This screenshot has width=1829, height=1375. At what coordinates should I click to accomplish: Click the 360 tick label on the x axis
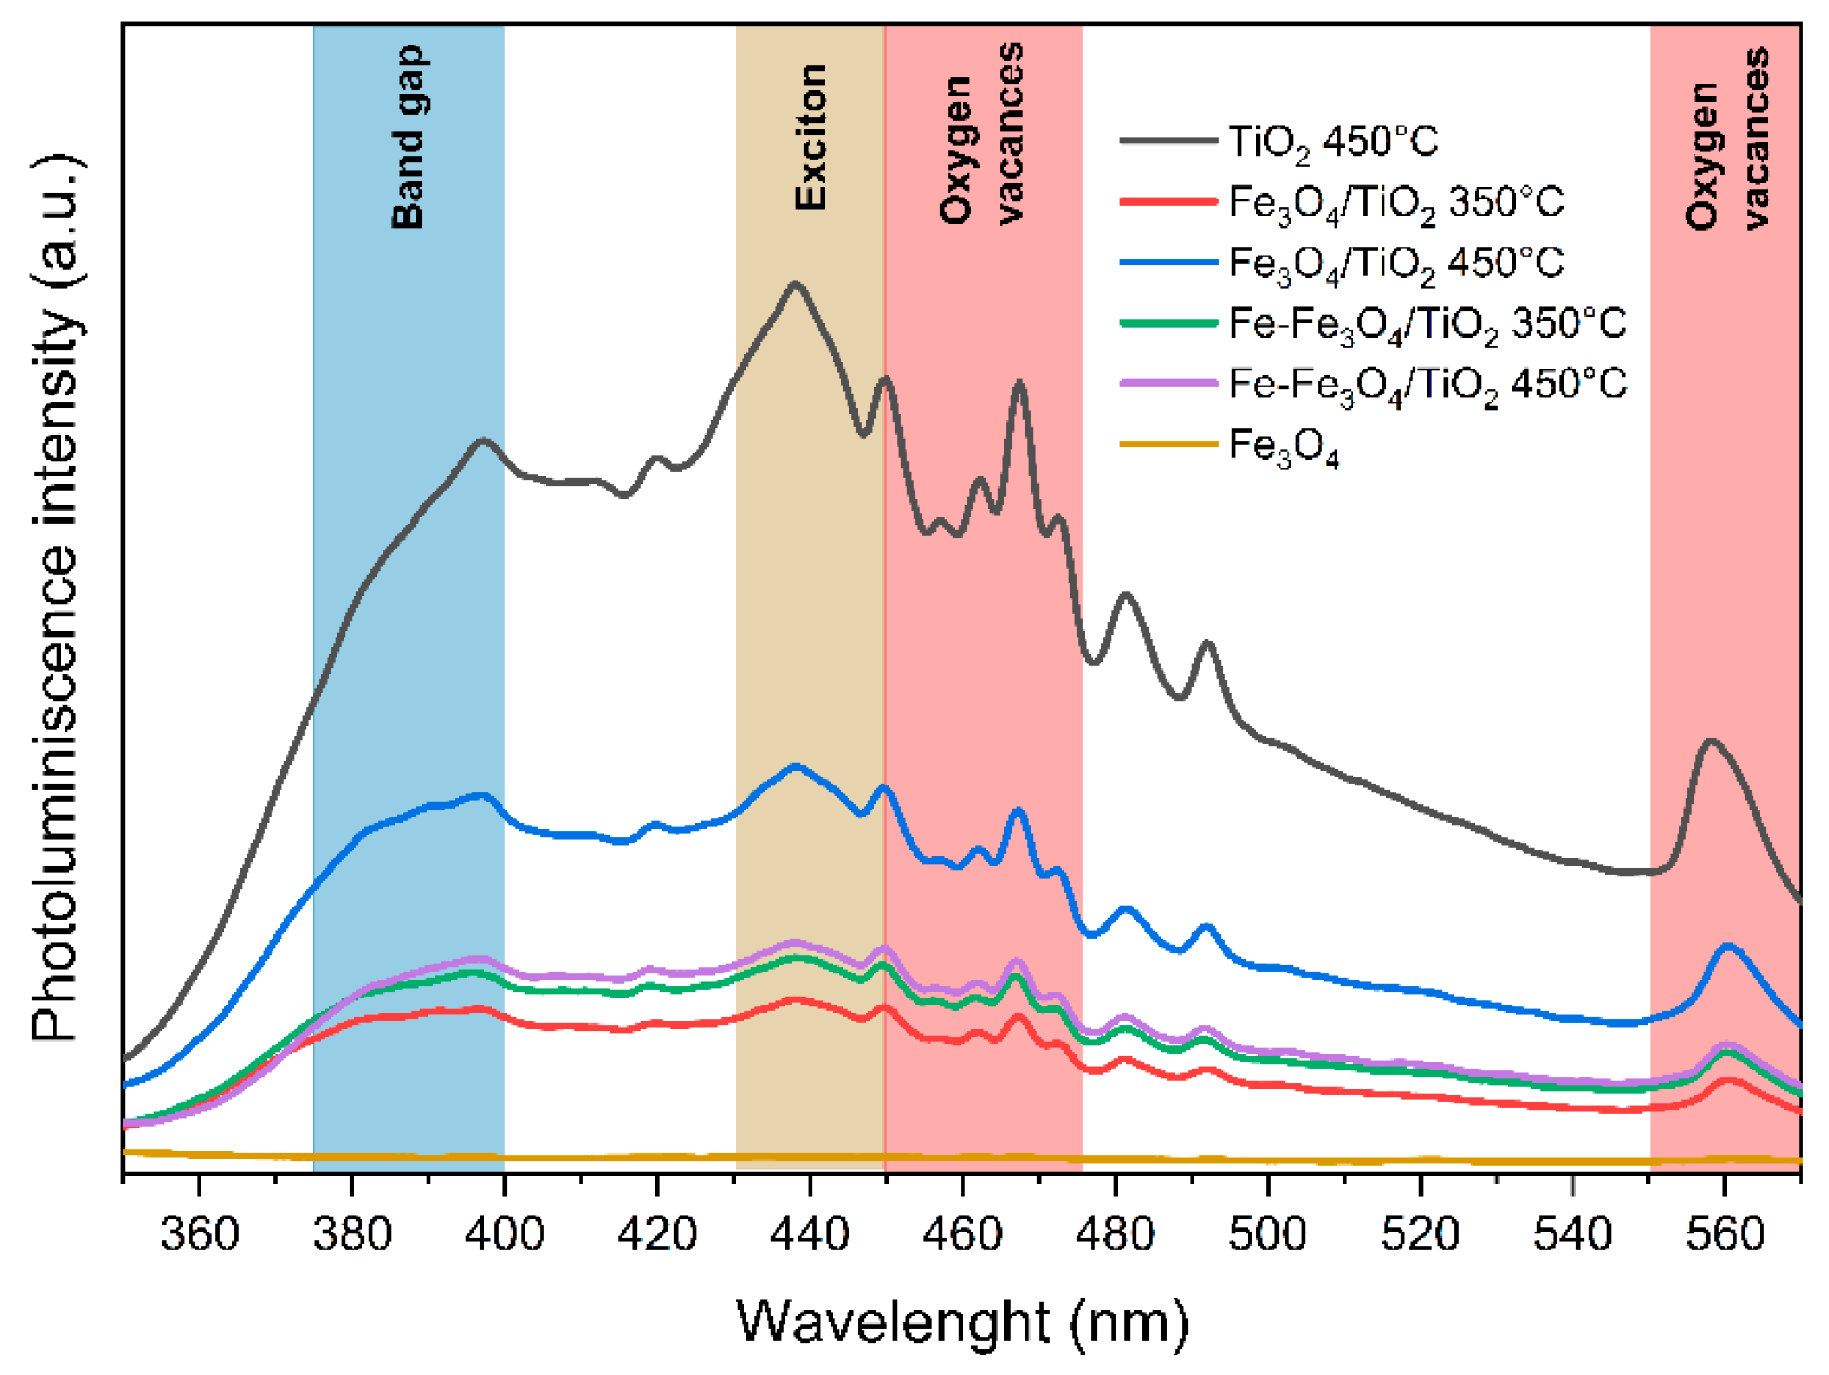199,1234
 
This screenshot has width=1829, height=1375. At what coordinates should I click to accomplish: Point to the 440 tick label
809,1234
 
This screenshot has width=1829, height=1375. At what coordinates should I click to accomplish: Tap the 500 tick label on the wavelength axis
1267,1234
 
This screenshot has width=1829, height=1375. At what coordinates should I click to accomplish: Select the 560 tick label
1725,1234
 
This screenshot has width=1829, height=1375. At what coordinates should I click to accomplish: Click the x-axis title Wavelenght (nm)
962,1322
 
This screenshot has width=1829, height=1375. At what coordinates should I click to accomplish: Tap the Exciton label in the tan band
810,138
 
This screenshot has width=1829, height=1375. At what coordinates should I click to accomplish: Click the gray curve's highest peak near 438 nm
794,284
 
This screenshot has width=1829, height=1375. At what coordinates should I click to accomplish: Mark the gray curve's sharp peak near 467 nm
1019,383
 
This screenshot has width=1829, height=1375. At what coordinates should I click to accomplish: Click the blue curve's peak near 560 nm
1728,947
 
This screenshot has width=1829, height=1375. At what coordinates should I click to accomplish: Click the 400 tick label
504,1234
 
